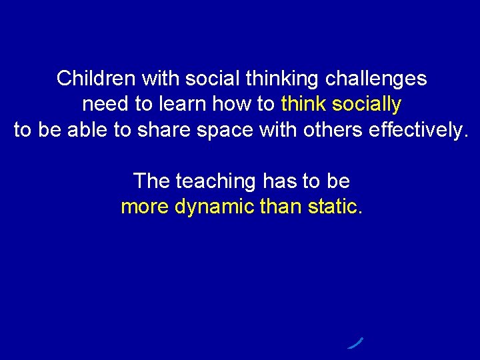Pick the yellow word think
click(x=303, y=105)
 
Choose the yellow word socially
click(x=367, y=105)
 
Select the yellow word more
click(x=145, y=207)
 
